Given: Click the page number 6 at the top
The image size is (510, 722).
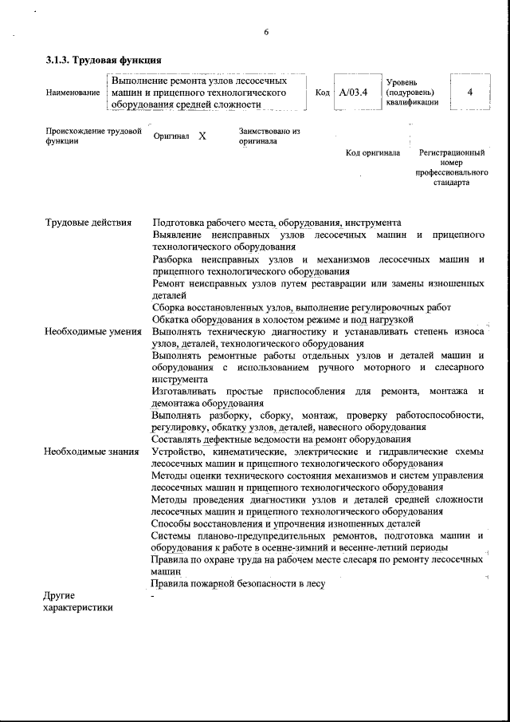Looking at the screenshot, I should [266, 31].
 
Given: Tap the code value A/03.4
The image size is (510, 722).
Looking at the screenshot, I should [353, 93].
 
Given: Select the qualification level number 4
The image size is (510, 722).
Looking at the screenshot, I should [470, 93].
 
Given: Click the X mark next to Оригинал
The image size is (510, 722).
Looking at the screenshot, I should [202, 136].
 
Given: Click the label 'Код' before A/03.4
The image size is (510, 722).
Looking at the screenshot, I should [323, 93].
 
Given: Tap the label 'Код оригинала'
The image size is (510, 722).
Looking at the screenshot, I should [373, 153].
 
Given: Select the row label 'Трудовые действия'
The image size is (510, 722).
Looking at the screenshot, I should [88, 223].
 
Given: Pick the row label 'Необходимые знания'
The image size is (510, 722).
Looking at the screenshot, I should [92, 452].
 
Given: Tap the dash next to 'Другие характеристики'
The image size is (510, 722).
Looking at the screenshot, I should [154, 596].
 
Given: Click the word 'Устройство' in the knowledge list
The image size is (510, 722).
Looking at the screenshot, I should [177, 452].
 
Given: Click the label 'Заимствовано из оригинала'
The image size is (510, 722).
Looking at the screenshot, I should [269, 136].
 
